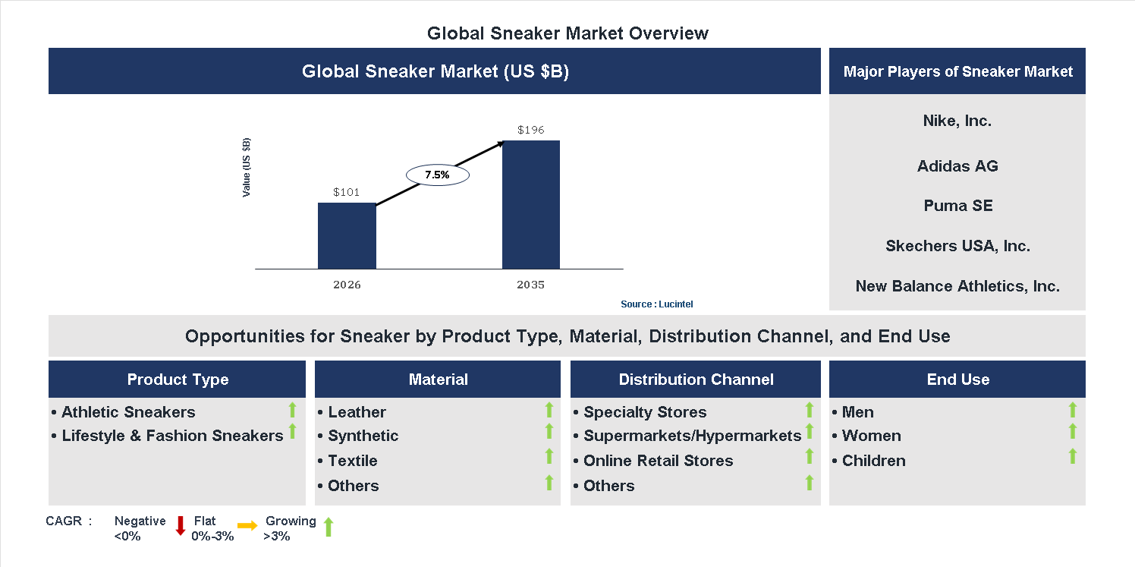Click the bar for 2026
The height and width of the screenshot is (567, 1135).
347,236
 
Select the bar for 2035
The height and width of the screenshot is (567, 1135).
531,205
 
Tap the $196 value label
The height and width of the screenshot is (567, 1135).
531,130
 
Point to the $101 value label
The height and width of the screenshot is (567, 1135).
347,192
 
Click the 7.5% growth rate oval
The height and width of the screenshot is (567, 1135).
438,175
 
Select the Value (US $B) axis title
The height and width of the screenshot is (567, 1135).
247,168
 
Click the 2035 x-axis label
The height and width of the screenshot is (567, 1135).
531,285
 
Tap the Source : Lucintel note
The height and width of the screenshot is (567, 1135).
656,304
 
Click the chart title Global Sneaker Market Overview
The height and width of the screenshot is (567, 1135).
567,33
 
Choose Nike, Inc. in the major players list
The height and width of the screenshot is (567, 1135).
957,121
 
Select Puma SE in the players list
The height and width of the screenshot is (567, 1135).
957,206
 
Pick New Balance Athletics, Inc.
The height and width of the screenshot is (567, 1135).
957,286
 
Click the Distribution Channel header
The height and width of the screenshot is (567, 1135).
696,380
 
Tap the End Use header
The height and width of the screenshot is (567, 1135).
957,380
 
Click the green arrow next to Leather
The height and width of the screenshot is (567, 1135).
549,411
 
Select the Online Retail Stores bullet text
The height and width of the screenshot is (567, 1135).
658,461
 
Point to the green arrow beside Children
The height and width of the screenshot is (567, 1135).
1072,456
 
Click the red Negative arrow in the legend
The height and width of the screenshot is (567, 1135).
181,525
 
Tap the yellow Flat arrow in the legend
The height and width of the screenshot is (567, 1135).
247,525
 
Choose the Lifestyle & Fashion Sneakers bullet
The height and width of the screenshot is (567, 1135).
172,436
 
